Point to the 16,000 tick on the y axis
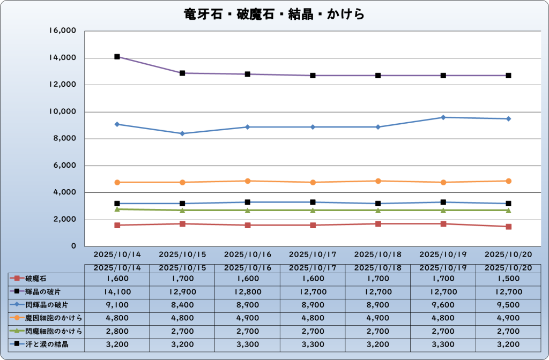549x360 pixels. pos(63,31)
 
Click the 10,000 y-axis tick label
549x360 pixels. pos(63,112)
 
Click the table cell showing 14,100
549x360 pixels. pos(117,292)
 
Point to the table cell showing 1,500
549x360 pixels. pos(508,279)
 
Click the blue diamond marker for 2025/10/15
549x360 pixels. pos(182,133)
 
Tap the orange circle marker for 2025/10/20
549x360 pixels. pos(508,181)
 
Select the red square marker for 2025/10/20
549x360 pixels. pos(508,227)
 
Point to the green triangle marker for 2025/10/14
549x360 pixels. pos(117,209)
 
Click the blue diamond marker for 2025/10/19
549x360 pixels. pos(443,117)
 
